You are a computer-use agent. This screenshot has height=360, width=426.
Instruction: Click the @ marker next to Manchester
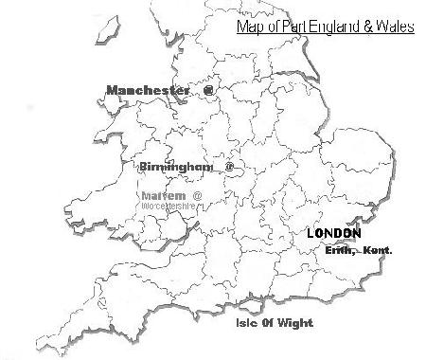coord(208,91)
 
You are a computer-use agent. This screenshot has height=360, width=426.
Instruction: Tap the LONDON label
coord(334,233)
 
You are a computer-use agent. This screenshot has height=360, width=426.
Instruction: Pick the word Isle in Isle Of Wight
coord(248,323)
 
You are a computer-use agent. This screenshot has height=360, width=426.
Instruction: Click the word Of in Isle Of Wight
coord(270,323)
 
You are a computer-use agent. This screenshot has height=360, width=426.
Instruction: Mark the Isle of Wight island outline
coord(254,306)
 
